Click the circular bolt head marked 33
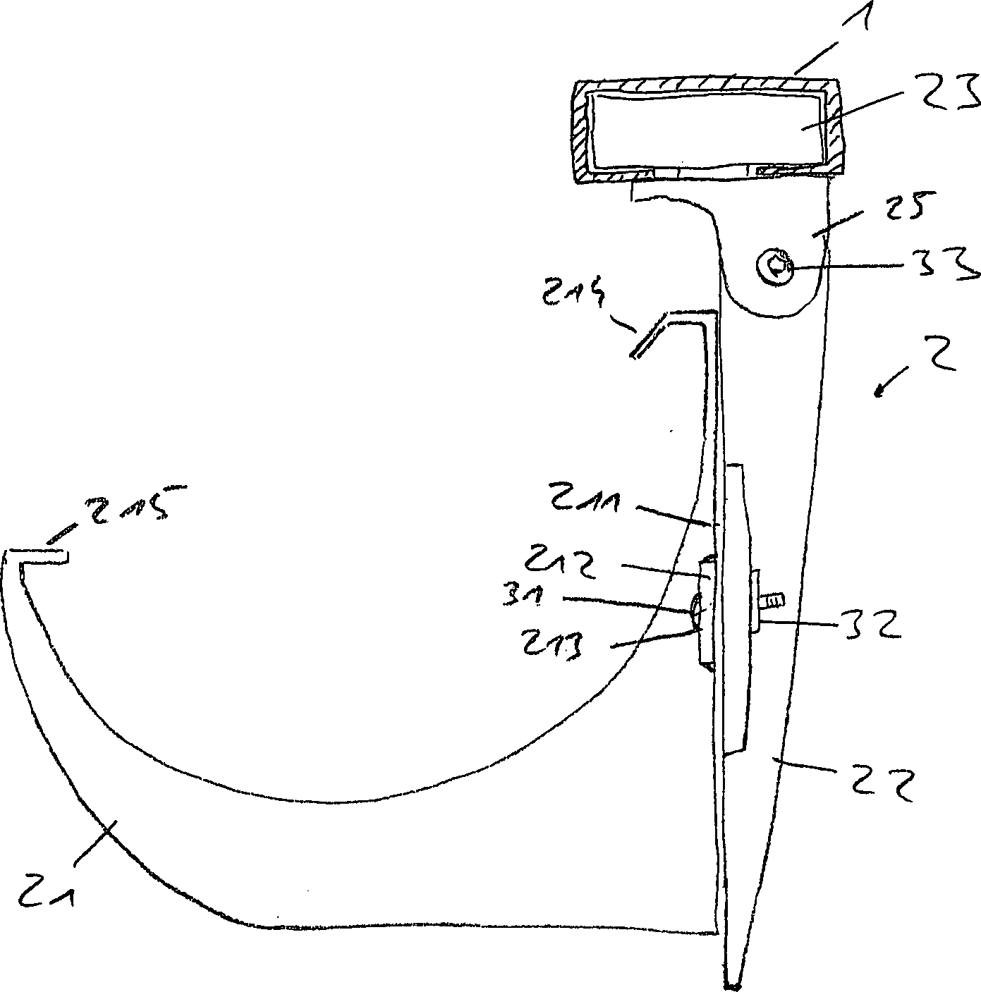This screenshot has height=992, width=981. point(774,267)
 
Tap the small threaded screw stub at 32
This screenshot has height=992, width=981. point(773,601)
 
